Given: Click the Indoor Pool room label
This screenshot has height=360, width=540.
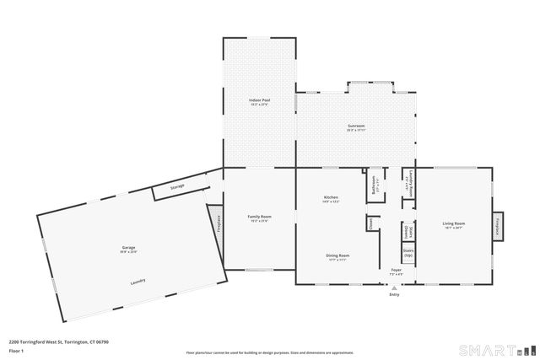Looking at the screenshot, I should point(259,100).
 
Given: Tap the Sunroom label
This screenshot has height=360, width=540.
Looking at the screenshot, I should point(356,126).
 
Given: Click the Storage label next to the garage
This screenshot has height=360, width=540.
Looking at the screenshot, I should point(177,186).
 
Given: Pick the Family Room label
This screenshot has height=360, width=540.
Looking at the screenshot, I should point(259,217).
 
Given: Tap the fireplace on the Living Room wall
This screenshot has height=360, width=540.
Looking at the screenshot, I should point(498,224).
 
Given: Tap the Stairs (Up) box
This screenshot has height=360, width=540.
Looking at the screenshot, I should point(408,252).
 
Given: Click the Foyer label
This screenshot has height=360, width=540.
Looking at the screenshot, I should point(395,271).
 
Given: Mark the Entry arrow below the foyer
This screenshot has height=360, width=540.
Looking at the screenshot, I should point(394,287).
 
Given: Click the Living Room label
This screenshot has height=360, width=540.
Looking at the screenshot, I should point(454,224).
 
